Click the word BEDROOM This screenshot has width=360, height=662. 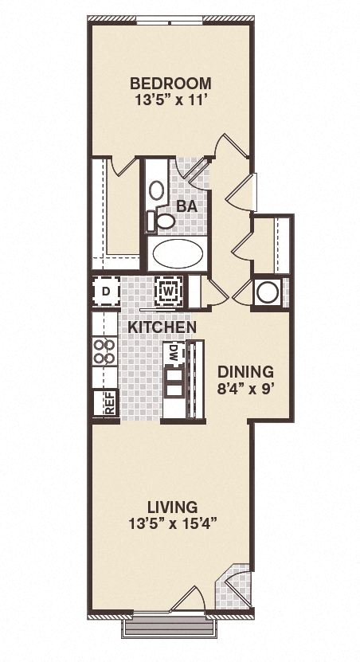coord(170,83)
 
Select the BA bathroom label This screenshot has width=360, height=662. coord(186,206)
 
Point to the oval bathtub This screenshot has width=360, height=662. coord(177,255)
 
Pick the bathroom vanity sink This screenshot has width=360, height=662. coord(157,190)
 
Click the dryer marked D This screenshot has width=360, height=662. coord(106,291)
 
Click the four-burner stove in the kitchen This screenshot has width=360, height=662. coord(104,351)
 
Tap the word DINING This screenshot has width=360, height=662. coord(245,371)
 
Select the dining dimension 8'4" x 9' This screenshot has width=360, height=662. coord(245,389)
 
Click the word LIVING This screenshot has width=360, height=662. coord(172,507)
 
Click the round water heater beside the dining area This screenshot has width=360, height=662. coord(268,292)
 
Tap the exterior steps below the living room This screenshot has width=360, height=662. coord(168,629)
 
